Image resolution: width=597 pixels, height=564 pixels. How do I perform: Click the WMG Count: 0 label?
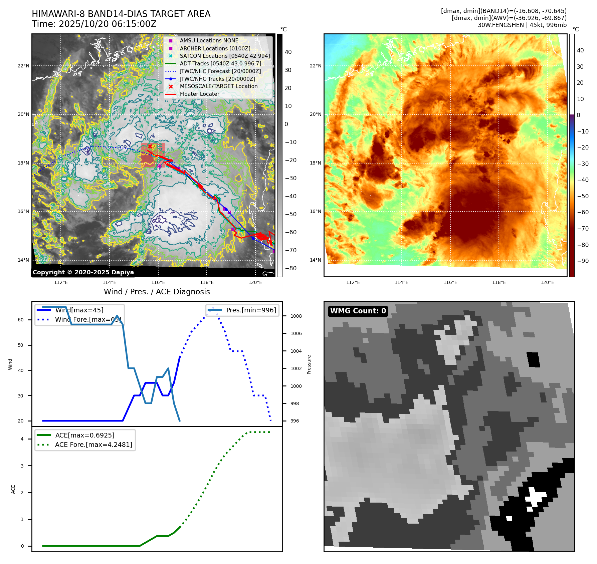pos(358,311)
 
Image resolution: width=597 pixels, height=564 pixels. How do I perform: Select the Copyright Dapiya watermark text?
pos(83,272)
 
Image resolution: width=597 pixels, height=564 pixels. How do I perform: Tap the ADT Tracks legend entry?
pos(220,63)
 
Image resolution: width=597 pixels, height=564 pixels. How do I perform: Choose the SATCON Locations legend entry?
pos(225,56)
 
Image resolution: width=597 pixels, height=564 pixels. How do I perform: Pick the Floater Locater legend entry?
pos(199,94)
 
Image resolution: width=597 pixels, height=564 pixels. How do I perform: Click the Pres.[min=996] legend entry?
pos(251,310)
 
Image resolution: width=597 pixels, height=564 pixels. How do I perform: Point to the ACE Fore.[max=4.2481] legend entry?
pos(93,445)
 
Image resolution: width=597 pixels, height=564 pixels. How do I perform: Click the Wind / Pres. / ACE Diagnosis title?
pos(157,292)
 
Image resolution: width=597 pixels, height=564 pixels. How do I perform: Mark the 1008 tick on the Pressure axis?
pos(296,316)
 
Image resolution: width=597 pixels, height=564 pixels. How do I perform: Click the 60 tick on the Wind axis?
pos(21,320)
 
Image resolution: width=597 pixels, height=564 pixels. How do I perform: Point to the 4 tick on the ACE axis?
pos(22,439)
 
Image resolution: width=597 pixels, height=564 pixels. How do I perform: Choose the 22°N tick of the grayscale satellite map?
pos(23,66)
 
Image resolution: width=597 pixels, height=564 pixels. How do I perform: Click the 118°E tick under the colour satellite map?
pos(499,282)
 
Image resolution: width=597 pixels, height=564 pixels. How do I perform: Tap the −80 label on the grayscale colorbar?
pos(290,268)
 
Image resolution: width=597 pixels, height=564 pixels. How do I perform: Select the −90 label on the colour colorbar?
pos(583,261)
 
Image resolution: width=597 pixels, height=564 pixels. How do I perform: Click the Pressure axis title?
pos(309,364)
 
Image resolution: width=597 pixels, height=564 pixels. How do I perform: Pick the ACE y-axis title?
pos(13,489)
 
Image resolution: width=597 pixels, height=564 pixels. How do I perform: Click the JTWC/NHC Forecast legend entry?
pos(220,71)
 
